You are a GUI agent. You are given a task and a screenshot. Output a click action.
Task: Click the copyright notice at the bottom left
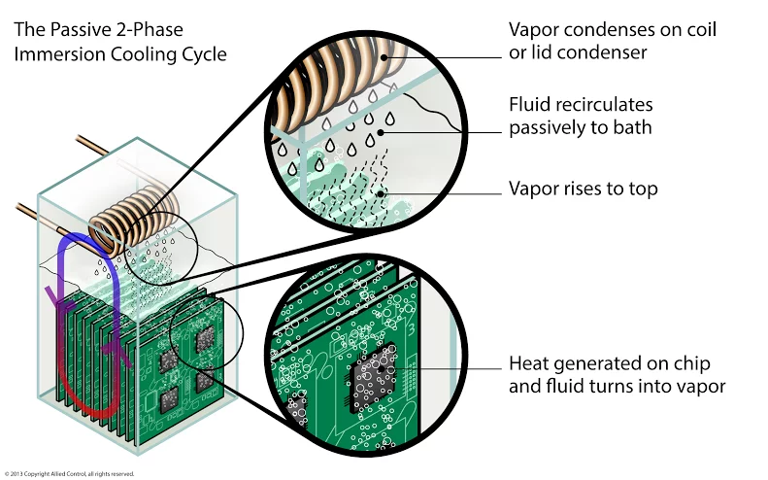point(67,474)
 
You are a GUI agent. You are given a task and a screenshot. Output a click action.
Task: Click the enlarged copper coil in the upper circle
point(330,73)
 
